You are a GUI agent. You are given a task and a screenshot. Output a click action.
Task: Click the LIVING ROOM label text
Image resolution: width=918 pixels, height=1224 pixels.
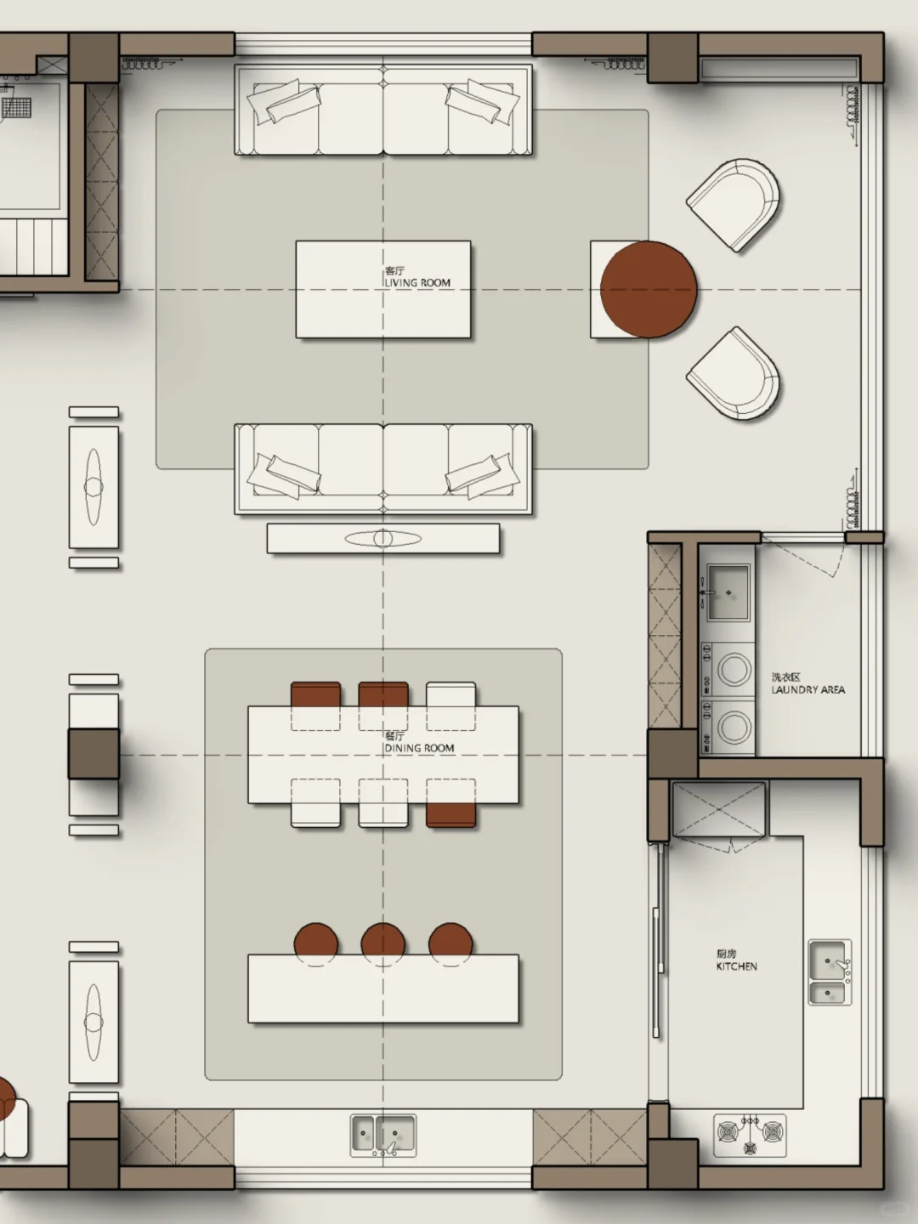417,283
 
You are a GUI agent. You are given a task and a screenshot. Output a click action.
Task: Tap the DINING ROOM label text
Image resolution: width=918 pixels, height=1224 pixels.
419,748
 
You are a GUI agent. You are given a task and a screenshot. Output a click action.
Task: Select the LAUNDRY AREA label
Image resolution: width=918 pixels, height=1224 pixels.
808,690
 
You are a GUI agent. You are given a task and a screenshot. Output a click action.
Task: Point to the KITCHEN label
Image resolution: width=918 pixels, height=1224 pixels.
737,966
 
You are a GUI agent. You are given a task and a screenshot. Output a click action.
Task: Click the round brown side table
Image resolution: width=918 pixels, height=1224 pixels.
649,289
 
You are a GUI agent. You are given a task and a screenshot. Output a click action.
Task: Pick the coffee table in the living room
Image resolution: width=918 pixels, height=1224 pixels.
382,289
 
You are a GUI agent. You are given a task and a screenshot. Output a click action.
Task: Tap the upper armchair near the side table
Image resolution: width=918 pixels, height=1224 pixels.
734,204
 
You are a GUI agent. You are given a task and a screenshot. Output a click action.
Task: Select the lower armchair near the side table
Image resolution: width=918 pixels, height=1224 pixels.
734,372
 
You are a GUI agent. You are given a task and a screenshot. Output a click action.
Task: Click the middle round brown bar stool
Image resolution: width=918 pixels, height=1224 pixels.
382,943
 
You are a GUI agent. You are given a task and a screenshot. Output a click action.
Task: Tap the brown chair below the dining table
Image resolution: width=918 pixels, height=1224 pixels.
450,814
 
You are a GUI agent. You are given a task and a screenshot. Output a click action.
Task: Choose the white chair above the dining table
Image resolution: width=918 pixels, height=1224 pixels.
450,694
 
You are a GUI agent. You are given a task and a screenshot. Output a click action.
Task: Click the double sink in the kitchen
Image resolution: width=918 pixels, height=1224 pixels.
830,972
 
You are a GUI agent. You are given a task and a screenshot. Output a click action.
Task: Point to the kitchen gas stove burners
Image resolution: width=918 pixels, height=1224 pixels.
750,1136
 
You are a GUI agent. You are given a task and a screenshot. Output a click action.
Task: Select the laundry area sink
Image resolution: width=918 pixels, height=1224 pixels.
728,592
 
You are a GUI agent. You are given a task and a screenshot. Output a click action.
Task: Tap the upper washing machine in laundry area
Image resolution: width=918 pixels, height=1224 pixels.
728,669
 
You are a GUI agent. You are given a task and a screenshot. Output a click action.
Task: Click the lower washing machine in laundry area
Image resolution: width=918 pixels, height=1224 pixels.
728,727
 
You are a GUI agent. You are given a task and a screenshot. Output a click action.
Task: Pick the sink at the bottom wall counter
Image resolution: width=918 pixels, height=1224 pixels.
382,1136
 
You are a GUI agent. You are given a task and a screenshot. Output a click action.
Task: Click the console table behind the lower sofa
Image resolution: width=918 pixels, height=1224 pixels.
382,538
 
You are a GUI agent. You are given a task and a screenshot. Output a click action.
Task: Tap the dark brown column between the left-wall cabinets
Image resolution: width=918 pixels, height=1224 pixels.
93,753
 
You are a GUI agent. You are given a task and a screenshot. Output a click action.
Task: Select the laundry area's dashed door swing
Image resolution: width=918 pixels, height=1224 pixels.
808,558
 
